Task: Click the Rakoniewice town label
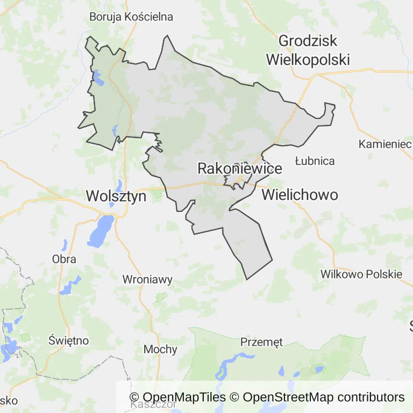pos(239,168)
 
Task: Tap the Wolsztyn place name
pos(116,196)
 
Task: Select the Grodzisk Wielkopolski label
pos(308,49)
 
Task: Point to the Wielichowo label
pos(300,195)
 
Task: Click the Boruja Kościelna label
pos(131,17)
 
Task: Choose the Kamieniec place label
pos(384,144)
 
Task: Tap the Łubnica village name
pos(315,161)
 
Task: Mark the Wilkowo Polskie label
pos(361,274)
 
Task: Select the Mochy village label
pos(160,349)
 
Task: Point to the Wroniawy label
pos(147,279)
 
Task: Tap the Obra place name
pos(64,259)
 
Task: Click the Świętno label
pos(68,340)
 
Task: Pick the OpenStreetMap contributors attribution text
pos(323,397)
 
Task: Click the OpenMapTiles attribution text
pos(177,397)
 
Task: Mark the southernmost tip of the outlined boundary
pos(247,279)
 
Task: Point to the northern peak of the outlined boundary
pos(167,36)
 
